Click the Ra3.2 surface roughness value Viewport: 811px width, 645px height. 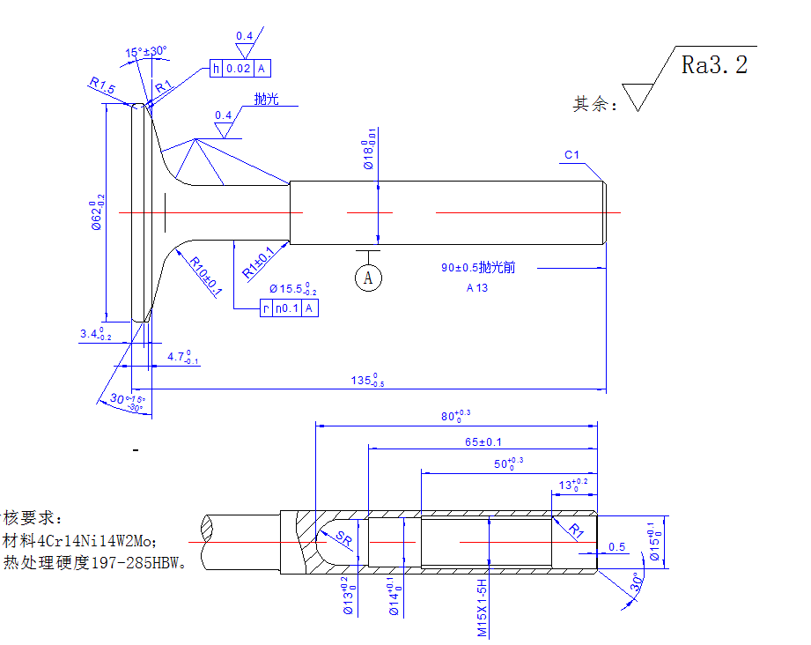coord(714,65)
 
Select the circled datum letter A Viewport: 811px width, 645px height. coord(368,278)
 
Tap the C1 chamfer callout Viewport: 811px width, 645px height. coord(572,156)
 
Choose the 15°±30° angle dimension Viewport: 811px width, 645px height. coord(145,53)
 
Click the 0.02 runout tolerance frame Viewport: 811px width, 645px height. coord(238,69)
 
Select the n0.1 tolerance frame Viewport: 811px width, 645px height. coord(289,308)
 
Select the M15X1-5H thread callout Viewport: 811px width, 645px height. coord(483,608)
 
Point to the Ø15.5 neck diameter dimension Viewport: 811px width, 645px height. coord(292,288)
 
